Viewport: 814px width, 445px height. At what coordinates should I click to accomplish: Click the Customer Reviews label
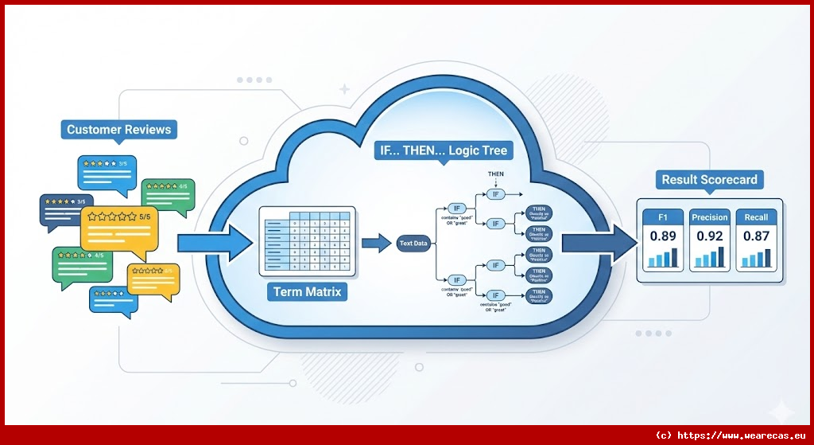point(118,130)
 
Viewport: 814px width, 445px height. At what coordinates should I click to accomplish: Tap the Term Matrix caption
point(307,292)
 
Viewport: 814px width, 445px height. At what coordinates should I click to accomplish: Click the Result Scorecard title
point(710,180)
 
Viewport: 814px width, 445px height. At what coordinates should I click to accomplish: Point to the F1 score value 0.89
point(663,236)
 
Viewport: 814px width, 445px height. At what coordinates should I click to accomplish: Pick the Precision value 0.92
point(710,236)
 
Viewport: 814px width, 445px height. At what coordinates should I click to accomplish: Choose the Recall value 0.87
point(756,236)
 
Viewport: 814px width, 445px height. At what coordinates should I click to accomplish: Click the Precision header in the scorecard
point(710,217)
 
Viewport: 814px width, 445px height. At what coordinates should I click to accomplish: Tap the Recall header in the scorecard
point(756,217)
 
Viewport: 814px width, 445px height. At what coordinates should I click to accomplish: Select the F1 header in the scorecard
point(663,217)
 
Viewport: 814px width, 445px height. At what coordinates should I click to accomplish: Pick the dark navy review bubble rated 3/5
point(65,209)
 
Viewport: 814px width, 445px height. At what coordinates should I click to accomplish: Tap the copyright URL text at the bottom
point(729,435)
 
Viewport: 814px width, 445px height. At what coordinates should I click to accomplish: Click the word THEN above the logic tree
point(496,174)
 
